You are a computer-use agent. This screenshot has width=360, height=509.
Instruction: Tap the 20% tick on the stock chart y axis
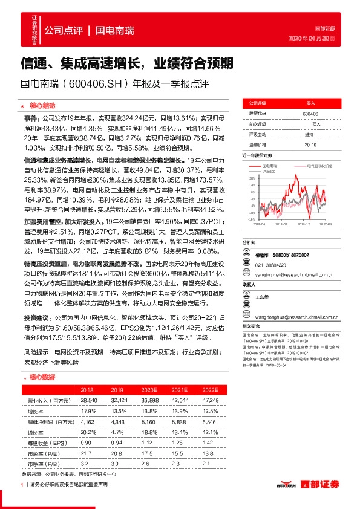[252, 179]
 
